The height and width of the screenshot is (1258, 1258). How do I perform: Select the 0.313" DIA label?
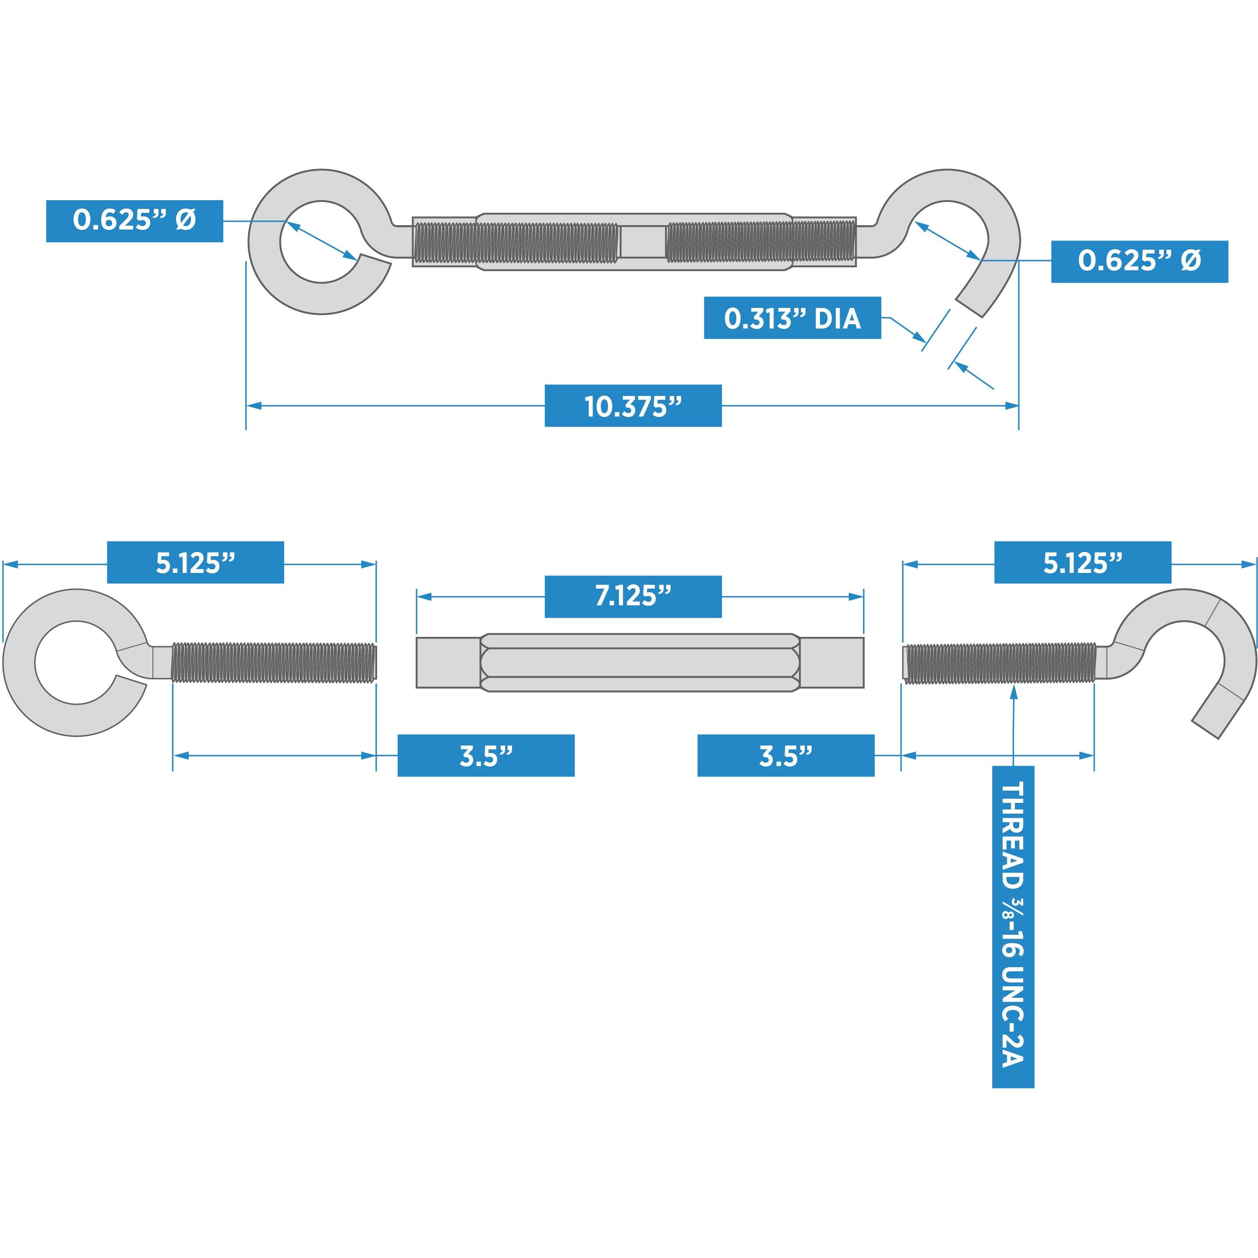click(x=792, y=318)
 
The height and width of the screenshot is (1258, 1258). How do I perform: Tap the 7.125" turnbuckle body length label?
click(x=633, y=597)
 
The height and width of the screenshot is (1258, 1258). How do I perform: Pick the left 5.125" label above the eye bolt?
click(x=195, y=562)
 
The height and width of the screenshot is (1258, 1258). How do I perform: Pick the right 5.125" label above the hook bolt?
click(x=1082, y=562)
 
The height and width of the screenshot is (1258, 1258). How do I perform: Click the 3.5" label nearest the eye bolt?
click(x=486, y=755)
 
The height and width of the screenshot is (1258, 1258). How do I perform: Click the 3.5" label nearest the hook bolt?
click(x=785, y=755)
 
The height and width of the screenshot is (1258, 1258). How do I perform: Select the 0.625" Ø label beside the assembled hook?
click(x=1139, y=261)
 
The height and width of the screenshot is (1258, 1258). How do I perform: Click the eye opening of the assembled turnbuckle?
click(x=320, y=242)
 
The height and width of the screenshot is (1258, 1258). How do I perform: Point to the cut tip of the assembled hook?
click(x=969, y=308)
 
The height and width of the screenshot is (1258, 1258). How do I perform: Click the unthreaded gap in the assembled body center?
click(x=642, y=242)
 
